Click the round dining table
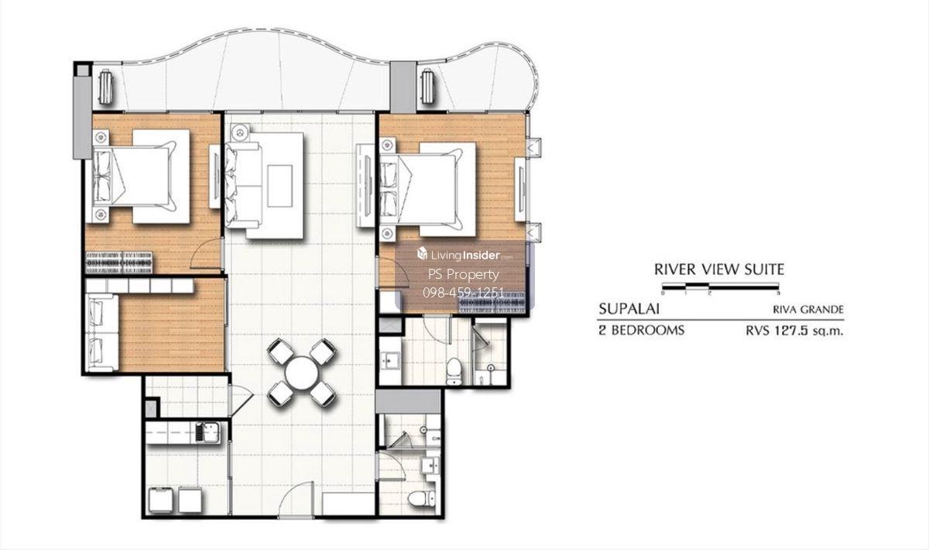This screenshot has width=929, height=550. click(301, 373)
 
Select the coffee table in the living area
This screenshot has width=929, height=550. click(279, 186)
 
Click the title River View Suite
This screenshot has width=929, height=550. click(719, 270)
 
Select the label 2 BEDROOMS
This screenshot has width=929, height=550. click(641, 331)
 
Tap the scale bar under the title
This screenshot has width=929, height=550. click(721, 286)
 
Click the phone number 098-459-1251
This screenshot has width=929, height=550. click(463, 293)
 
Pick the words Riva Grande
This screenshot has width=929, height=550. click(808, 310)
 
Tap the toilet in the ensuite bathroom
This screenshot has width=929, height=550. click(454, 373)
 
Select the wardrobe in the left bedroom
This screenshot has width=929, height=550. click(119, 263)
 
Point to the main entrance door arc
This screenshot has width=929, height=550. click(296, 499)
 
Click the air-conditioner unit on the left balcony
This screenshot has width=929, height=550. click(105, 87)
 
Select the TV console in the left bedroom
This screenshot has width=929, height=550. click(214, 176)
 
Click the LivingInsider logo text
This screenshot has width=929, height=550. click(464, 255)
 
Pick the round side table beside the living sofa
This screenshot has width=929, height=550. click(238, 132)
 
